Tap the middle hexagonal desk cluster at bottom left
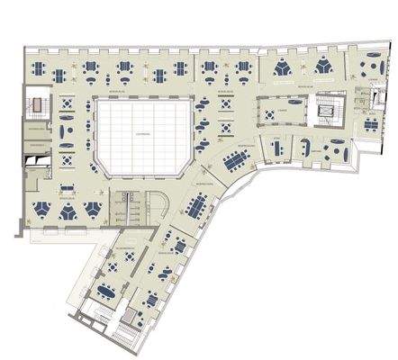68,211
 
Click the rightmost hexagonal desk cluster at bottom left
92,211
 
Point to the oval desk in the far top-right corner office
368,68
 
